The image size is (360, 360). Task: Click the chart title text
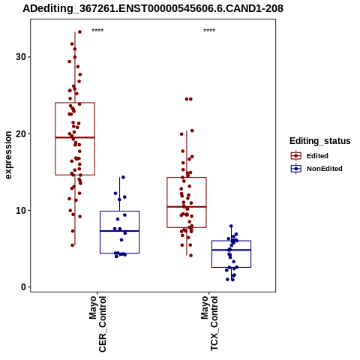153,8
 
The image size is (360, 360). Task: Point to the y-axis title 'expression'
8,155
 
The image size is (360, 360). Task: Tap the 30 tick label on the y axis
21,57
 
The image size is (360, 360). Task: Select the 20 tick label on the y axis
21,133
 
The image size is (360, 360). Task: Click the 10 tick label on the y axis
21,211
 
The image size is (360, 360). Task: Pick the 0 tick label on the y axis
24,287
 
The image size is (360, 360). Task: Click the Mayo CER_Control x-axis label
97,324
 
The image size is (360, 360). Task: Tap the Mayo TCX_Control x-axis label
209,323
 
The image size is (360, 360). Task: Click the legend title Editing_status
320,141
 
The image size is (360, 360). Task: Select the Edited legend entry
317,156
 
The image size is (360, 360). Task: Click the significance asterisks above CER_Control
97,31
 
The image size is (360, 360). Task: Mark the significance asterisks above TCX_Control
209,31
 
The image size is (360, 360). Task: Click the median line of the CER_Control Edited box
75,137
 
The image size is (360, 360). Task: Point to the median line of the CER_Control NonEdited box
119,231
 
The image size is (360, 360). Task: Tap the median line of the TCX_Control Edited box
187,207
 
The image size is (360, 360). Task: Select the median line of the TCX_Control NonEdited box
231,250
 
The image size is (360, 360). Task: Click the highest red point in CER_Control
79,31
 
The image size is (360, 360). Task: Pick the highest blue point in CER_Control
123,177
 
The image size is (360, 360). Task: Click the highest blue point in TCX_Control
231,226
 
